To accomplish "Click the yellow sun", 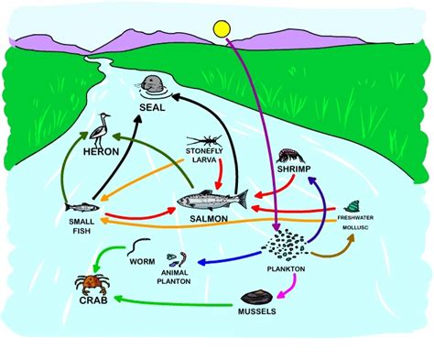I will (222, 29).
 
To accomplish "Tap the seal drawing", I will (153, 85).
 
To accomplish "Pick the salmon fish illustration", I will (212, 200).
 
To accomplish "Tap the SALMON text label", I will (209, 221).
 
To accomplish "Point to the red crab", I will (91, 283).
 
